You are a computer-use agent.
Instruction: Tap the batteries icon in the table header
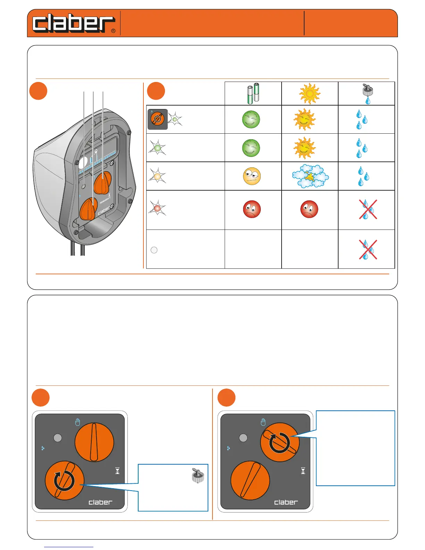pyautogui.click(x=253, y=93)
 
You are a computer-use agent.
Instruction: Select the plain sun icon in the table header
pyautogui.click(x=310, y=94)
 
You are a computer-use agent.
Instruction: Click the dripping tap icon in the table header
pyautogui.click(x=366, y=94)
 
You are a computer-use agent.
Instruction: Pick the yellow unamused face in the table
pyautogui.click(x=252, y=176)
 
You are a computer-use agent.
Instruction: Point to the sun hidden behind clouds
pyautogui.click(x=310, y=176)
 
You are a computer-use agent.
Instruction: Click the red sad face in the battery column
pyautogui.click(x=252, y=209)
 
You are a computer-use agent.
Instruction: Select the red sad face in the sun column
pyautogui.click(x=309, y=209)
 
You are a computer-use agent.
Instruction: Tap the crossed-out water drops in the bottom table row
pyautogui.click(x=368, y=249)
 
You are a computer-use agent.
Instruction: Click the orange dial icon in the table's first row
pyautogui.click(x=157, y=119)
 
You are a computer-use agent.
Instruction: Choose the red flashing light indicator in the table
pyautogui.click(x=157, y=208)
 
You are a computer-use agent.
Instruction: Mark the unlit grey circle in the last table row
pyautogui.click(x=154, y=250)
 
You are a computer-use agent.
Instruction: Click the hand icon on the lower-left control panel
pyautogui.click(x=77, y=422)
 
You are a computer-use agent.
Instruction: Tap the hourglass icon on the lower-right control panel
pyautogui.click(x=303, y=471)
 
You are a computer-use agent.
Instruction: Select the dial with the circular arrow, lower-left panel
pyautogui.click(x=65, y=481)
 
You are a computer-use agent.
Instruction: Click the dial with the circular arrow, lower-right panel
pyautogui.click(x=280, y=442)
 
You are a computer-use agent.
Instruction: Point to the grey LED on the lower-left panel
pyautogui.click(x=58, y=437)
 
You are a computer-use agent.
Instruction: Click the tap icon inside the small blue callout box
pyautogui.click(x=198, y=475)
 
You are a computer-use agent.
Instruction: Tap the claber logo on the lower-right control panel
pyautogui.click(x=286, y=502)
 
